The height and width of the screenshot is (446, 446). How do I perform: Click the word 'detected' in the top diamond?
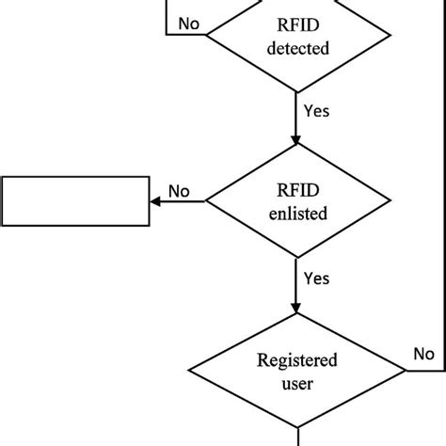(297, 47)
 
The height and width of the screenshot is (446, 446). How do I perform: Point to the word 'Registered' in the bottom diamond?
(297, 358)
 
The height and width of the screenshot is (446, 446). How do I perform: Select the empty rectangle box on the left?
(75, 200)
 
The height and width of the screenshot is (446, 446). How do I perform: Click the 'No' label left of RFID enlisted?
(179, 191)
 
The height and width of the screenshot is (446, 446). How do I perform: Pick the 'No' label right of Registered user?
(423, 354)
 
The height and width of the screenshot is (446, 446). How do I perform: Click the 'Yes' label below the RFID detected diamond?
(317, 110)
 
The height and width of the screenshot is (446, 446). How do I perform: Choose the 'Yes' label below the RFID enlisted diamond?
(317, 278)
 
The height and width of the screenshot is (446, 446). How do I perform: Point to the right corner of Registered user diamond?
(406, 370)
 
